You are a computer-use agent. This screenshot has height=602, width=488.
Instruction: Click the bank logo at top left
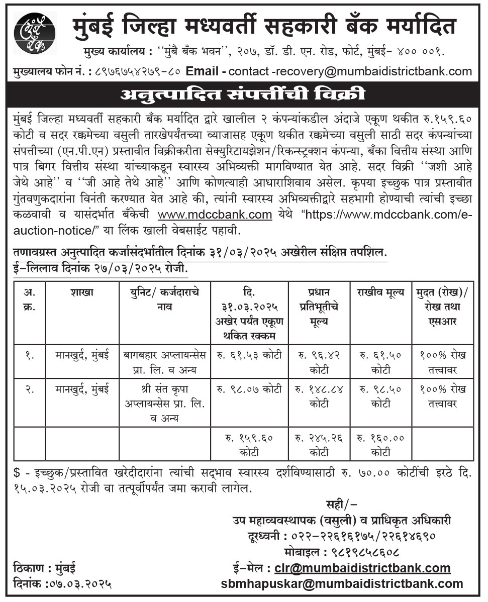click(35, 33)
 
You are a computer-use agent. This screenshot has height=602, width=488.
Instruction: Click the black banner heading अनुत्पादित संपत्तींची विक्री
click(244, 94)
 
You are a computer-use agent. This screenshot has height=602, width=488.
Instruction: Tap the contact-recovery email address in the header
click(350, 71)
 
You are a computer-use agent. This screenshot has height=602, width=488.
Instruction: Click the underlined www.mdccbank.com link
click(215, 215)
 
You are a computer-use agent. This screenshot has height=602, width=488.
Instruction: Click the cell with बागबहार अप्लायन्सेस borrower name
click(165, 362)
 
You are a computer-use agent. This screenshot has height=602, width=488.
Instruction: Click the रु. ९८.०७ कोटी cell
click(249, 389)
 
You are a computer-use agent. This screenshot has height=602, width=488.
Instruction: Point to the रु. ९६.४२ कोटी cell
click(319, 362)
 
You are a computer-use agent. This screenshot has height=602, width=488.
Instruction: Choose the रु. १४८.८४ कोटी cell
click(319, 396)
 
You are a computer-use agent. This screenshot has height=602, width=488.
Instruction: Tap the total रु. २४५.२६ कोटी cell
click(319, 445)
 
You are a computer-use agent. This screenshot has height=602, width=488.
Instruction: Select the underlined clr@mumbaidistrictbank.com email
click(362, 568)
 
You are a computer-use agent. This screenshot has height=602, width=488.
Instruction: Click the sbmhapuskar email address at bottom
click(342, 584)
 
